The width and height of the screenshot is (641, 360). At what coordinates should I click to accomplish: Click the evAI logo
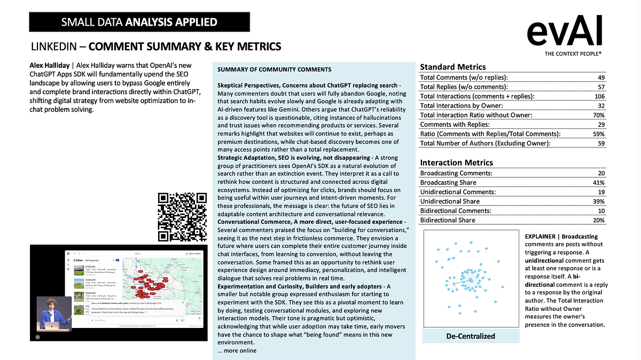pos(565,33)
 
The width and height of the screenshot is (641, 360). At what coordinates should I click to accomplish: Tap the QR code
pos(183,216)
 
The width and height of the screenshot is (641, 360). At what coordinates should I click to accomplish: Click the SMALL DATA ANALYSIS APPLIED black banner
pos(139,22)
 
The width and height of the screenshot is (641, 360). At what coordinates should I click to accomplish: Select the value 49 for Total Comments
pos(601,77)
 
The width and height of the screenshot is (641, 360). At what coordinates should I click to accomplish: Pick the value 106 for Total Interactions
pos(599,96)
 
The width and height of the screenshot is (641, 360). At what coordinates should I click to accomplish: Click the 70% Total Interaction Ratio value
pos(599,115)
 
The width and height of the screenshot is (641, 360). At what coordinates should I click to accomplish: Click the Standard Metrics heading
pos(453,67)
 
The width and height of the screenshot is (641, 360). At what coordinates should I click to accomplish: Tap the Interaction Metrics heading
pos(457,162)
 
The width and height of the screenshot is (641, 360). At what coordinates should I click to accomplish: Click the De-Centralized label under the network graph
pos(471,336)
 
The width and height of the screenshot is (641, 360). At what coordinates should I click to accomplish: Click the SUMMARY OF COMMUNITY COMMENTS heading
pos(275,69)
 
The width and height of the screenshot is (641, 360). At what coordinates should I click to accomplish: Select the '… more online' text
pos(237,350)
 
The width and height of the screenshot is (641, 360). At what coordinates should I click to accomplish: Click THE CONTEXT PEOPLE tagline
pos(573,54)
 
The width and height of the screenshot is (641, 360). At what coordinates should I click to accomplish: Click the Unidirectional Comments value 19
pos(601,192)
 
